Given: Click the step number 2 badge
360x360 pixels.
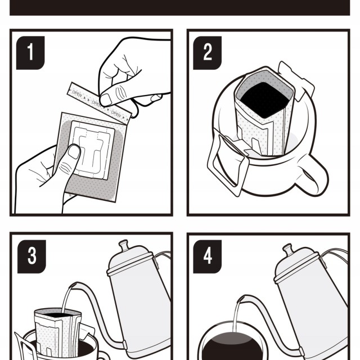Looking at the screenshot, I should click(208, 52).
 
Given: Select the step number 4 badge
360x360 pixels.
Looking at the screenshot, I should click(208, 256).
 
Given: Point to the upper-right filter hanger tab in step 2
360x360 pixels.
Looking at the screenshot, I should click(298, 79).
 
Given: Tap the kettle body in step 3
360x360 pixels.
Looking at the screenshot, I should click(138, 304).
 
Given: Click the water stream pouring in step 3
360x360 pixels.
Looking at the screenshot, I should click(66, 298).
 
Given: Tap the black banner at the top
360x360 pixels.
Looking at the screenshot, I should click(180, 7).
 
